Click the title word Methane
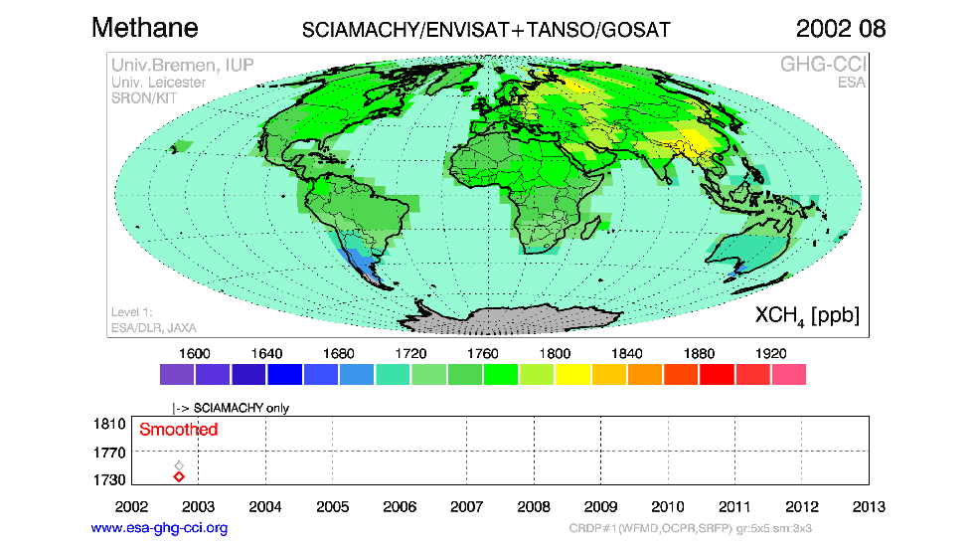[145, 27]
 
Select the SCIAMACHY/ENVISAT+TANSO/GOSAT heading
[486, 30]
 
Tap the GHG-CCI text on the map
[823, 65]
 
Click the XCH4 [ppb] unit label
[807, 315]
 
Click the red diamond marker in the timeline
[179, 477]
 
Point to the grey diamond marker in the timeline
[179, 465]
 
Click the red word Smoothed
[178, 430]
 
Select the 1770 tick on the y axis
[110, 452]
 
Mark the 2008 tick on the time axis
[534, 505]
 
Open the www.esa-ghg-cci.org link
[159, 528]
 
